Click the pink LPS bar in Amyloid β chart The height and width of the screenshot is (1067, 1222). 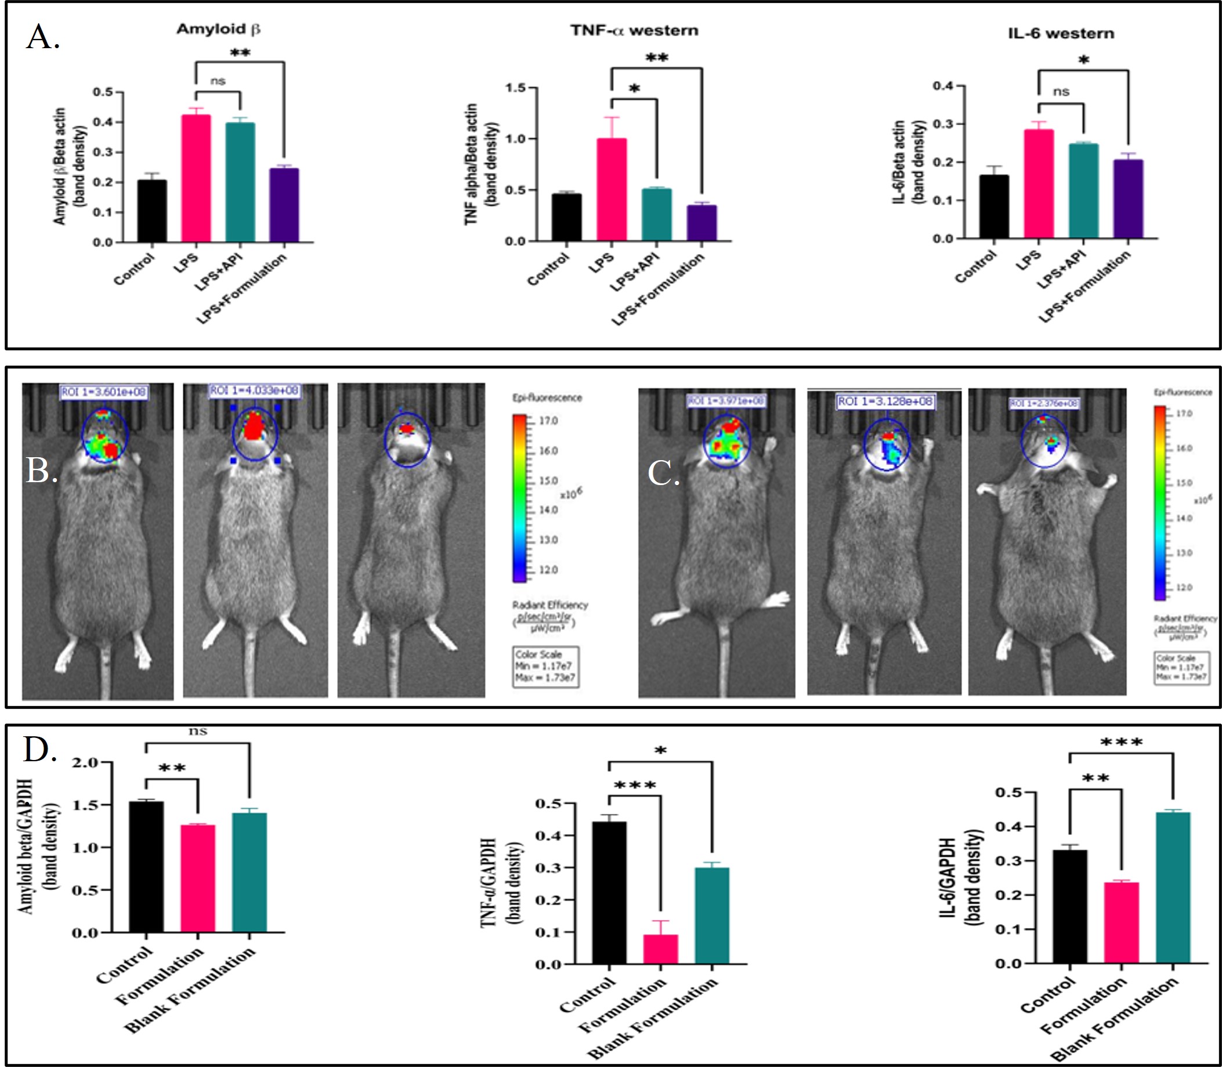pyautogui.click(x=196, y=179)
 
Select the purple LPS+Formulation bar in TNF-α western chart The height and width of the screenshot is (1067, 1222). pyautogui.click(x=702, y=223)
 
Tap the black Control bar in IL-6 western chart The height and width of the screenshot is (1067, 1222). pyautogui.click(x=994, y=207)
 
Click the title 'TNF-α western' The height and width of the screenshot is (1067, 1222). pyautogui.click(x=634, y=30)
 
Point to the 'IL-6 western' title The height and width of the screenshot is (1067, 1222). pyautogui.click(x=1061, y=33)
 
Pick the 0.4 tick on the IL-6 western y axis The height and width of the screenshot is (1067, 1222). pyautogui.click(x=943, y=86)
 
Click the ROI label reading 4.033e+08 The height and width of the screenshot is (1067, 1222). pyautogui.click(x=254, y=390)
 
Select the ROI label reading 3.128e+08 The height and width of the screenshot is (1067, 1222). pyautogui.click(x=885, y=402)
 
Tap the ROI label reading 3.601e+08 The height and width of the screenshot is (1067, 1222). pyautogui.click(x=104, y=392)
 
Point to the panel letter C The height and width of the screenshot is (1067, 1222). pyautogui.click(x=663, y=474)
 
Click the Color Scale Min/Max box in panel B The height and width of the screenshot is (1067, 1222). pyautogui.click(x=545, y=666)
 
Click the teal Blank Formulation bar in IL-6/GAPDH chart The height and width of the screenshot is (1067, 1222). pyautogui.click(x=1173, y=887)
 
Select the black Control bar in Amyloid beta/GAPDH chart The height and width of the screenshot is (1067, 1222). pyautogui.click(x=146, y=867)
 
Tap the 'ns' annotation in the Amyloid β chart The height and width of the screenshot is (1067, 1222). pyautogui.click(x=218, y=81)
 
